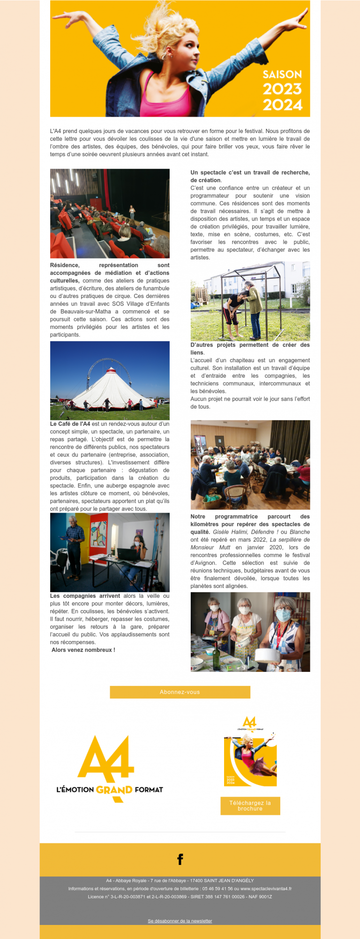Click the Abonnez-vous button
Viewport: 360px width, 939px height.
tap(180, 692)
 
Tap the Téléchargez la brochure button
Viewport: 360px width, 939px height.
tap(250, 806)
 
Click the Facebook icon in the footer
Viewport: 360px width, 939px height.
tap(180, 859)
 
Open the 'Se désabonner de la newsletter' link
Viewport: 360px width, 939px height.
tap(180, 921)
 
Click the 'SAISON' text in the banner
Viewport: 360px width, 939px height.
tap(282, 75)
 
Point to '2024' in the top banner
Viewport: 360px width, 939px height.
tap(282, 104)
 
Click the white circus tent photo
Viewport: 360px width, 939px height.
tap(110, 380)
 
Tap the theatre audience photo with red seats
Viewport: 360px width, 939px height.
tap(110, 213)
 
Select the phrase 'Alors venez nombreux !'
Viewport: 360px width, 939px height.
tap(83, 650)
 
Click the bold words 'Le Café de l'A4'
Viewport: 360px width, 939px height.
tap(70, 424)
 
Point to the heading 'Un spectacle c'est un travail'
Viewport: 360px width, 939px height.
tap(250, 172)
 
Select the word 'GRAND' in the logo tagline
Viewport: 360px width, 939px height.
tap(114, 790)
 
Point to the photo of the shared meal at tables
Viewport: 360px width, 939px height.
tap(250, 464)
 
